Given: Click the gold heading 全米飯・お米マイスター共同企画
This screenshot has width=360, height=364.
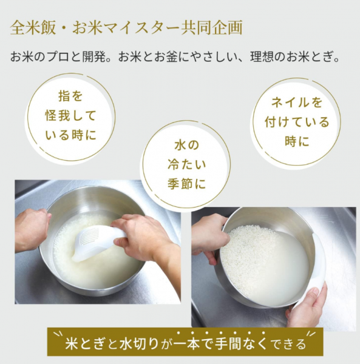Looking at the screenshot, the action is point(126,27).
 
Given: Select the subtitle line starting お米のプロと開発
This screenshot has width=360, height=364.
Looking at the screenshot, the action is point(175,57).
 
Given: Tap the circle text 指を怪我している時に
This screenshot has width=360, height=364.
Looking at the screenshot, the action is point(70,116).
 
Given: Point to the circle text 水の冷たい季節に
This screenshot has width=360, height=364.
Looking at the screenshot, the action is point(187,164).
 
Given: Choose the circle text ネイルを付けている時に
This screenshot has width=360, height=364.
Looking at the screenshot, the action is point(297,122).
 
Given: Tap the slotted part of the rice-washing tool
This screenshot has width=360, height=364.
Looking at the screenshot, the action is point(89,237).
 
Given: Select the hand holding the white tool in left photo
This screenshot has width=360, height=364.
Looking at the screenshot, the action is point(144,239).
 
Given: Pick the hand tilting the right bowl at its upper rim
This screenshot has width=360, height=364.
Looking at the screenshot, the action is point(209,237).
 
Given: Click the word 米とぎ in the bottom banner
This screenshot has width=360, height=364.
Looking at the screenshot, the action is point(86,343).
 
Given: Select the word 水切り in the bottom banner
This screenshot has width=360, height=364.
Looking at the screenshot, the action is point(139,343).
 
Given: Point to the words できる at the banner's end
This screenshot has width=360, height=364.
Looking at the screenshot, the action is point(288,344).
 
